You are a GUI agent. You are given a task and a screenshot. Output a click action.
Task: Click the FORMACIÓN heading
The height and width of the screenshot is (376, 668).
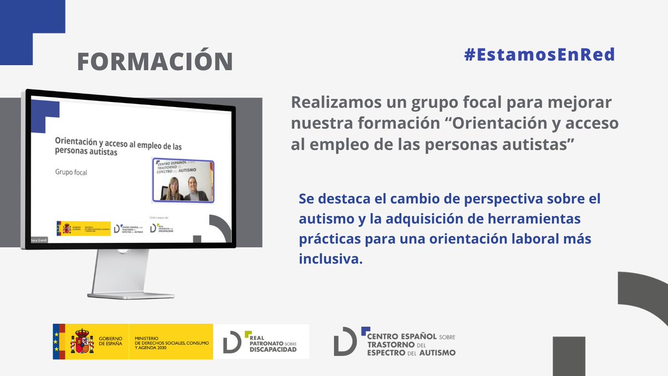pos(154,62)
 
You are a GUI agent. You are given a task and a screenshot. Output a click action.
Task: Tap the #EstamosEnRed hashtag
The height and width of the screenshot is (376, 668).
pos(539,55)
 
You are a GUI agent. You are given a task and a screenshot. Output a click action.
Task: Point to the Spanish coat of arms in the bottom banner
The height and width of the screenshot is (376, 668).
pos(81,341)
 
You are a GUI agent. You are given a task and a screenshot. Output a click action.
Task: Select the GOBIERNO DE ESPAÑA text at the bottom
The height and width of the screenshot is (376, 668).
pos(111,341)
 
